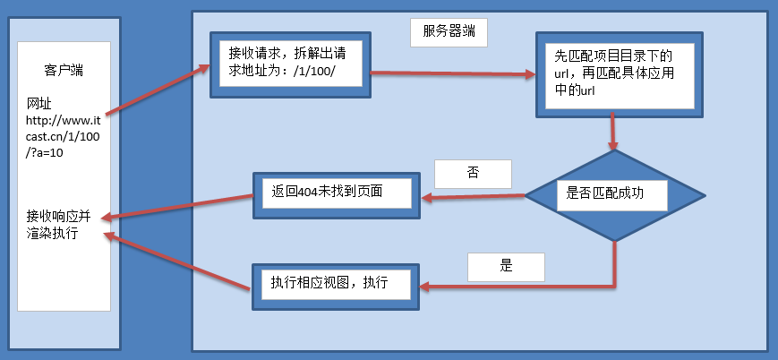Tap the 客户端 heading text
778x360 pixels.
coord(64,70)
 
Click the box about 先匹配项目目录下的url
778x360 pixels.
coord(616,73)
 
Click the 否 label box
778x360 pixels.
coord(472,173)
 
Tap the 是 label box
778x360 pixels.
coord(506,266)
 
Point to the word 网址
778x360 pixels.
coord(39,103)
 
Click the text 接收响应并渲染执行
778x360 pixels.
coord(58,225)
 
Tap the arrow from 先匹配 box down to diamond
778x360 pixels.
coord(613,132)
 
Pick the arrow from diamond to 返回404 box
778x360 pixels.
coord(473,197)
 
